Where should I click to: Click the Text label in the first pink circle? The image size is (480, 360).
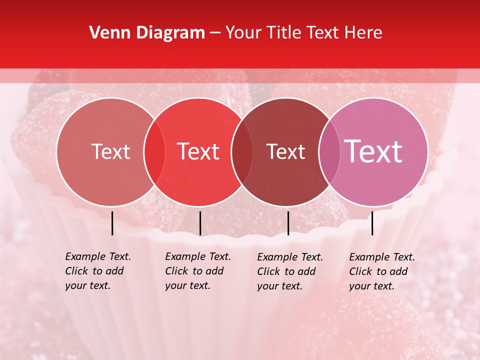click(x=110, y=151)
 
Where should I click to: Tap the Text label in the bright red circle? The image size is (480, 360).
click(x=198, y=151)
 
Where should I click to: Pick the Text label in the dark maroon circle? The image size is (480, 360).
click(x=286, y=151)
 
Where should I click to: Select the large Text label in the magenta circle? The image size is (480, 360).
click(x=373, y=151)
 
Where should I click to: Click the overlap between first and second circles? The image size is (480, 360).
click(x=154, y=151)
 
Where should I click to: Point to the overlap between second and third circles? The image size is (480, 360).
click(x=242, y=151)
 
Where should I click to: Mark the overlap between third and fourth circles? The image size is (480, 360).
click(x=329, y=151)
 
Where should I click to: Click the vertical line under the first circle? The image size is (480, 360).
click(x=112, y=223)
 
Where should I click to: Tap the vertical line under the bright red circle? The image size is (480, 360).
click(x=200, y=223)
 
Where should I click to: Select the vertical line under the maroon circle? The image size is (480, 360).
click(x=288, y=223)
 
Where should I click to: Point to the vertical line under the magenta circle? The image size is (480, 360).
click(x=372, y=223)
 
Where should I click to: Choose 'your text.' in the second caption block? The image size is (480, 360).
click(x=188, y=285)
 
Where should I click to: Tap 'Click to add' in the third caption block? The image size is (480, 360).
click(x=286, y=271)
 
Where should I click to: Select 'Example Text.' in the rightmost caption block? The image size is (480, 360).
click(x=382, y=257)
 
